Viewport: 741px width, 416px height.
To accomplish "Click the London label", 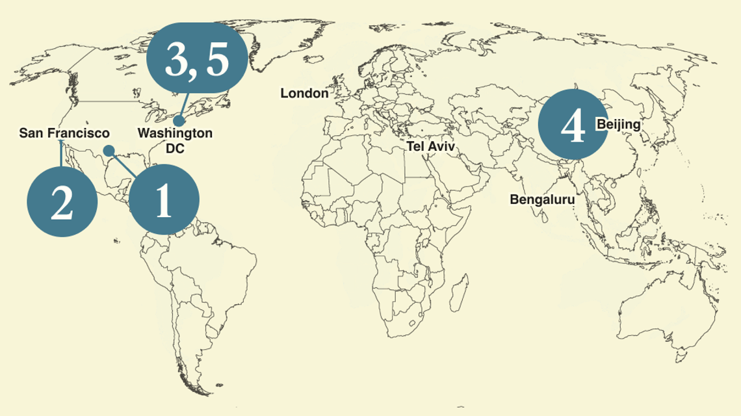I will point(304,94).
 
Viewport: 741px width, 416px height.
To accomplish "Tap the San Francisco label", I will point(64,133).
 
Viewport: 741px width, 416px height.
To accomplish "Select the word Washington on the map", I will point(175,133).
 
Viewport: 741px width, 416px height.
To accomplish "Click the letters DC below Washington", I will point(175,148).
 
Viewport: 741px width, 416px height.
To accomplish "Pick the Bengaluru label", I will point(542,200).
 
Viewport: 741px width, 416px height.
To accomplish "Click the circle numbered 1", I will point(162,200).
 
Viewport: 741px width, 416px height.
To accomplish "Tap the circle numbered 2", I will point(62,202).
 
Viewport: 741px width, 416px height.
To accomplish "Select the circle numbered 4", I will point(572,125).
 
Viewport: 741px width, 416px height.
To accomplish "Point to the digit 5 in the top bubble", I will point(218,60).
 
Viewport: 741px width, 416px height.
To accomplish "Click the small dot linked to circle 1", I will point(109,151).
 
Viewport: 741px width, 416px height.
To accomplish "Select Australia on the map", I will point(650,305).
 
